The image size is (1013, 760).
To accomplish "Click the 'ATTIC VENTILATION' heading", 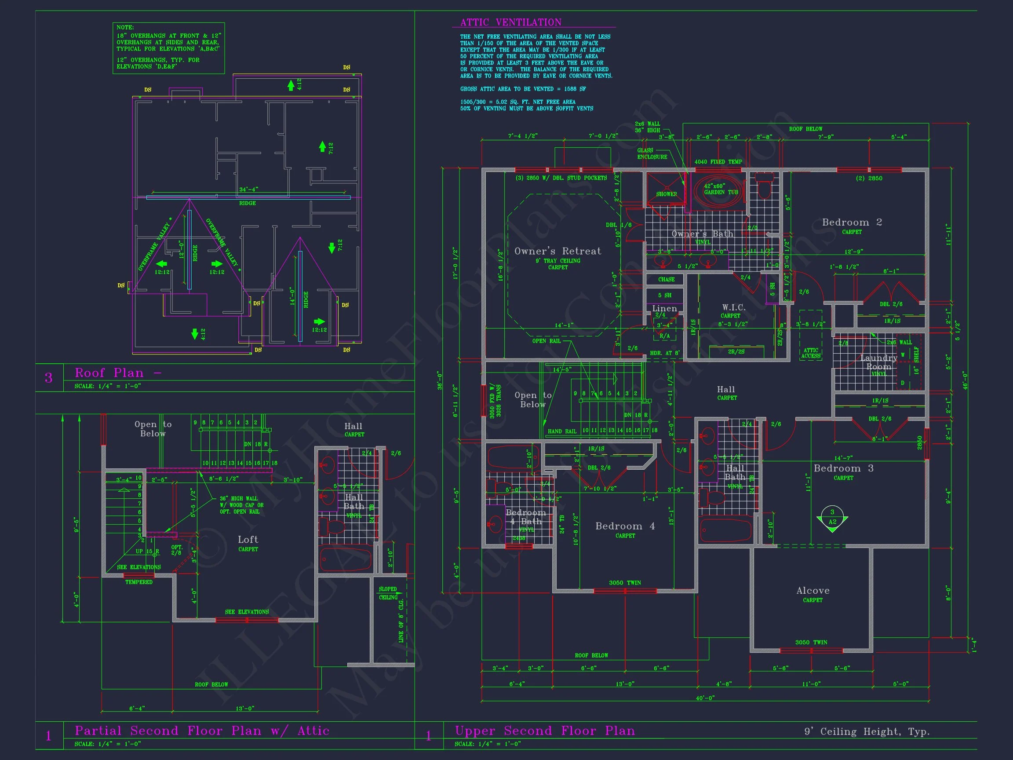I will click(x=510, y=22).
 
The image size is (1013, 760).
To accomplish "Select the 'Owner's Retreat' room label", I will click(x=558, y=251).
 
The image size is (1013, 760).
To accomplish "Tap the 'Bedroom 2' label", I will click(x=852, y=222).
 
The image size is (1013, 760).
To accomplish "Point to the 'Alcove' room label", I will click(x=813, y=591).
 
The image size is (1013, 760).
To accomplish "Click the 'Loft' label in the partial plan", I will click(x=248, y=540).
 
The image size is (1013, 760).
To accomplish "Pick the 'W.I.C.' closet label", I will click(x=734, y=308).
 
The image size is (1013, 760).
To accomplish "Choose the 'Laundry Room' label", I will click(x=878, y=362).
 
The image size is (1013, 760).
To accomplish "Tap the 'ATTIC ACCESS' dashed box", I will click(x=811, y=335).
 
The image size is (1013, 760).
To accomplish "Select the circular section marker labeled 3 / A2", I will click(x=832, y=517).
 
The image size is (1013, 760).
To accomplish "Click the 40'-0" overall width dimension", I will click(x=705, y=698).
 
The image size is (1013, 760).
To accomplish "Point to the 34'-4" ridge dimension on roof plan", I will click(x=249, y=189).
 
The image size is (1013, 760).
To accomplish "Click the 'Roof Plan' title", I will click(x=109, y=373).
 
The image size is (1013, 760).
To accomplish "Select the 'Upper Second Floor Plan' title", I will click(x=545, y=731).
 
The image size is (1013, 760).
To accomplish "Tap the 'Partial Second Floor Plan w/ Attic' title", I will click(x=202, y=731).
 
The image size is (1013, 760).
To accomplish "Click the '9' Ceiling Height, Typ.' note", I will click(x=867, y=731).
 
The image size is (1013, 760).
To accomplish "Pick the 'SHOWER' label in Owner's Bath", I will click(x=667, y=194).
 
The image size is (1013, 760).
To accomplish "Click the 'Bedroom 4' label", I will click(x=625, y=526).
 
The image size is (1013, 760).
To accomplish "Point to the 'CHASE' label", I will click(x=667, y=279).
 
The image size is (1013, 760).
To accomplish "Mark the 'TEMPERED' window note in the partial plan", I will click(x=139, y=582).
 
